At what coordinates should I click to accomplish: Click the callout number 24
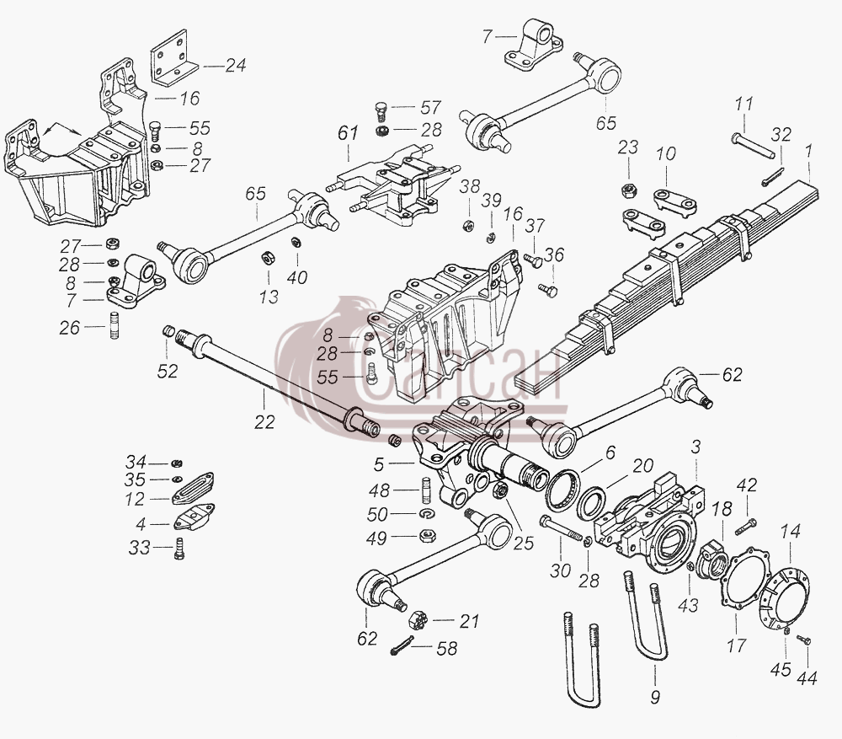coord(236,66)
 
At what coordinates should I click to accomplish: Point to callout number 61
coord(348,132)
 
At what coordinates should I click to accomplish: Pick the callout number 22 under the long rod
coord(264,422)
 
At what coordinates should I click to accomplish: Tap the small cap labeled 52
coord(168,330)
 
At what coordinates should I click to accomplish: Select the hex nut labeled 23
coord(628,190)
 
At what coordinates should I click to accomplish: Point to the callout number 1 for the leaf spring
coord(808,152)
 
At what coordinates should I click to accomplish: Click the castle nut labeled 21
coord(418,621)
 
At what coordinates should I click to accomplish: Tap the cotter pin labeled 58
coord(402,645)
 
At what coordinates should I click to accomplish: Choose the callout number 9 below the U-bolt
coord(654,698)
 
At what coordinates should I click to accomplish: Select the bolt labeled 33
coord(179,549)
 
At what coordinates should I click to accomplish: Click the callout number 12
coord(135,500)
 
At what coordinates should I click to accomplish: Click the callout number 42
coord(746,486)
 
